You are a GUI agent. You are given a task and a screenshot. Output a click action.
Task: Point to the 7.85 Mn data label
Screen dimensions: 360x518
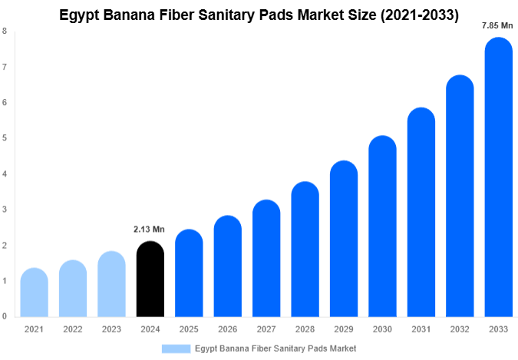click(x=497, y=25)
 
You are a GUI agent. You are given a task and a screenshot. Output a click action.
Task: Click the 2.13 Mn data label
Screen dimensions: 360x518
click(x=149, y=229)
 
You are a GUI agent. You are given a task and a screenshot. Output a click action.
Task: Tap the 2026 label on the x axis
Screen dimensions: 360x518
click(x=227, y=329)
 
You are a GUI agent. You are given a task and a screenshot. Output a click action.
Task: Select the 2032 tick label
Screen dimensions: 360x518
click(x=459, y=329)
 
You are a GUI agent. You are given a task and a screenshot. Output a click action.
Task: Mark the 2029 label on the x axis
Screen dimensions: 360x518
click(x=343, y=329)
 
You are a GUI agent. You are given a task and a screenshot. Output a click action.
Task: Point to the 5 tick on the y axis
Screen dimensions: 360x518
click(x=5, y=138)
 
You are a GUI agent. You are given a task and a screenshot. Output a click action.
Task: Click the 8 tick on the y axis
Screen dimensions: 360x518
click(x=5, y=31)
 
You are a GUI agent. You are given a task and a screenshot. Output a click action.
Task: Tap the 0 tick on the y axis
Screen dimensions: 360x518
click(x=5, y=316)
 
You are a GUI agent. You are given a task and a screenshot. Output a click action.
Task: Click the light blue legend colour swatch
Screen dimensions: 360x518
click(x=176, y=348)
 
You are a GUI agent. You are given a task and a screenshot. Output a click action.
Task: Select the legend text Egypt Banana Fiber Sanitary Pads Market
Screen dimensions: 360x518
click(x=275, y=348)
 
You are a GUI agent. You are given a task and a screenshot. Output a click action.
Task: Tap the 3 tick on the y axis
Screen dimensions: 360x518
click(x=5, y=210)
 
